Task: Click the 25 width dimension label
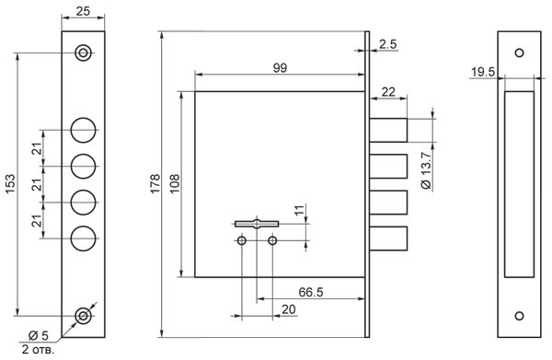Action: pos(83,11)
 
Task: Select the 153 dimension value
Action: pos(10,183)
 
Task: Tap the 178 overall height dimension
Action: pos(155,183)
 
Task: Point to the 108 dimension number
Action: pos(175,183)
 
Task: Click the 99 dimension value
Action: pos(280,67)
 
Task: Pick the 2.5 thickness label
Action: pos(388,44)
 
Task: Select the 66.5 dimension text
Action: pos(311,292)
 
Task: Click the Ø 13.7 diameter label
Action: pos(426,171)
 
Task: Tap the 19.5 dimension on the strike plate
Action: pos(483,72)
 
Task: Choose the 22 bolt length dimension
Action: pos(388,92)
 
